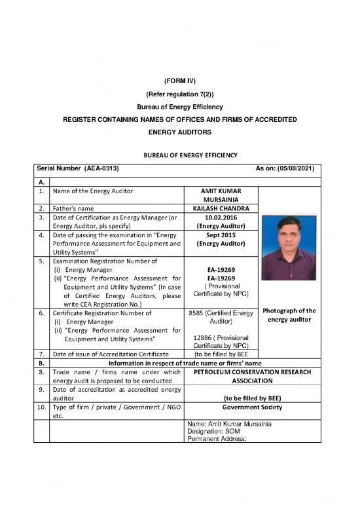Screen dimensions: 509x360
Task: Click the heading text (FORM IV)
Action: coord(179,81)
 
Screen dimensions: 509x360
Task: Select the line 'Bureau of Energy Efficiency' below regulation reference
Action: coord(179,107)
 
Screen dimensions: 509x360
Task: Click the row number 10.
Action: coord(41,406)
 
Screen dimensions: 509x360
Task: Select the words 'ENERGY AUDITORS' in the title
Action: coord(179,132)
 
